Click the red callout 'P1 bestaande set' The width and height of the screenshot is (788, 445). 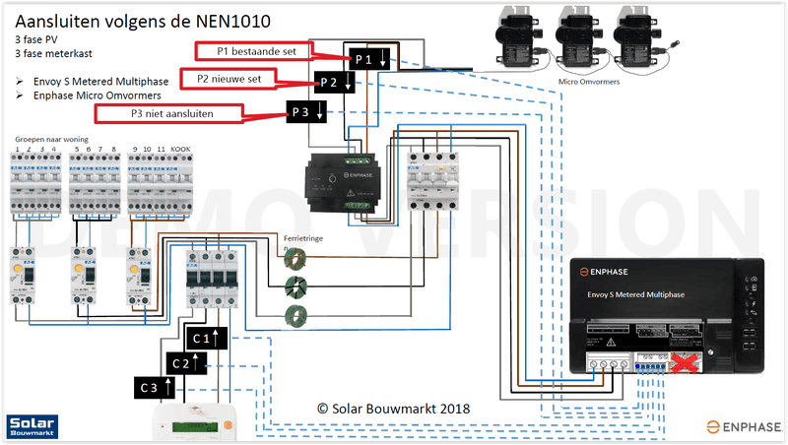click(253, 49)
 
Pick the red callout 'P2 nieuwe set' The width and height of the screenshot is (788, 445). click(230, 78)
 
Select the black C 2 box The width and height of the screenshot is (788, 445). click(183, 362)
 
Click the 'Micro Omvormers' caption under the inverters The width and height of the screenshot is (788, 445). click(588, 82)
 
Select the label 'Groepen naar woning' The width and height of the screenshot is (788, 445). click(51, 140)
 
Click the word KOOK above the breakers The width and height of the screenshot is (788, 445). click(180, 149)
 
